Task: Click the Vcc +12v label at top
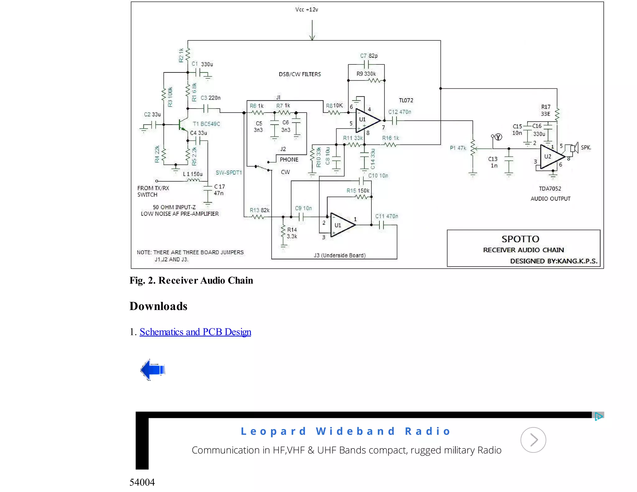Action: pos(306,10)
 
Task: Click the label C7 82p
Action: pos(369,56)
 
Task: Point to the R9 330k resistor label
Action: pos(366,74)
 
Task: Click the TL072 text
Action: pos(406,100)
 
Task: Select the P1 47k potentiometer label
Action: pos(458,148)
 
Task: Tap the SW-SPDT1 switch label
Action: pos(229,173)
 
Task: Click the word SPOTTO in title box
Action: pos(520,239)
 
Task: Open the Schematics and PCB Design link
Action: pos(195,332)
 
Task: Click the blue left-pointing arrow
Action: pos(152,369)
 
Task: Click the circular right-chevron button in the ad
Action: pos(533,440)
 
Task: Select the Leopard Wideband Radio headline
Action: pos(346,431)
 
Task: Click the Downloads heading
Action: pos(158,306)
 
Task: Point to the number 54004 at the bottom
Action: pos(142,482)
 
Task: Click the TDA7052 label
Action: pos(550,188)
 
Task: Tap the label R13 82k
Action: pos(259,210)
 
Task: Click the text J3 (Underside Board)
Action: pos(339,255)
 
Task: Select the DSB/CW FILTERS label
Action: pos(300,74)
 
